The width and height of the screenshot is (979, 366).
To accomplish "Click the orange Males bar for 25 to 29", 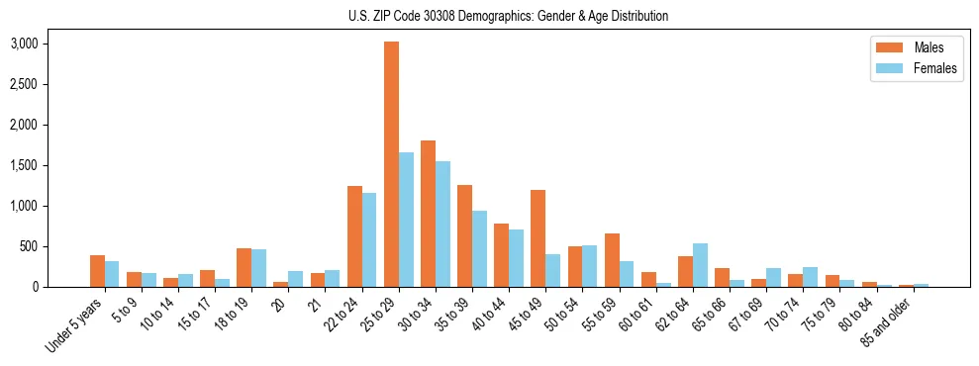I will pyautogui.click(x=392, y=164).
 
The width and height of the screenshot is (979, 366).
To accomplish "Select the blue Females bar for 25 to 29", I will pyautogui.click(x=407, y=220).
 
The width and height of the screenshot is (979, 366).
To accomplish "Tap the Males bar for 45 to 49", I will pyautogui.click(x=538, y=238).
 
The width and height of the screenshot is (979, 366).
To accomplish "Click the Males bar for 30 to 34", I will pyautogui.click(x=429, y=214).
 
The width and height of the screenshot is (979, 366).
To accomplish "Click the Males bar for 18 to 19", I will pyautogui.click(x=245, y=268).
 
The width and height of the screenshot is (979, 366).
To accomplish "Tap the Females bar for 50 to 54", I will pyautogui.click(x=590, y=266).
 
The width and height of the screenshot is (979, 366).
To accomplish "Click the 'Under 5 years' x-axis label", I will pyautogui.click(x=75, y=325).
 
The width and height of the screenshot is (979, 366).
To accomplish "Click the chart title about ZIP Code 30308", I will pyautogui.click(x=509, y=16).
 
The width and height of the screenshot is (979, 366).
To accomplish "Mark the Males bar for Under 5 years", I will pyautogui.click(x=97, y=271).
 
